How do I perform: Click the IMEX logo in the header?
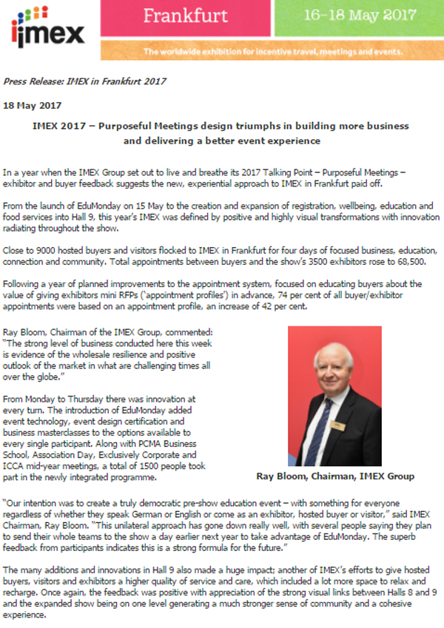click(x=47, y=27)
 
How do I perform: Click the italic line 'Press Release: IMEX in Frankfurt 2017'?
click(x=84, y=81)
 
